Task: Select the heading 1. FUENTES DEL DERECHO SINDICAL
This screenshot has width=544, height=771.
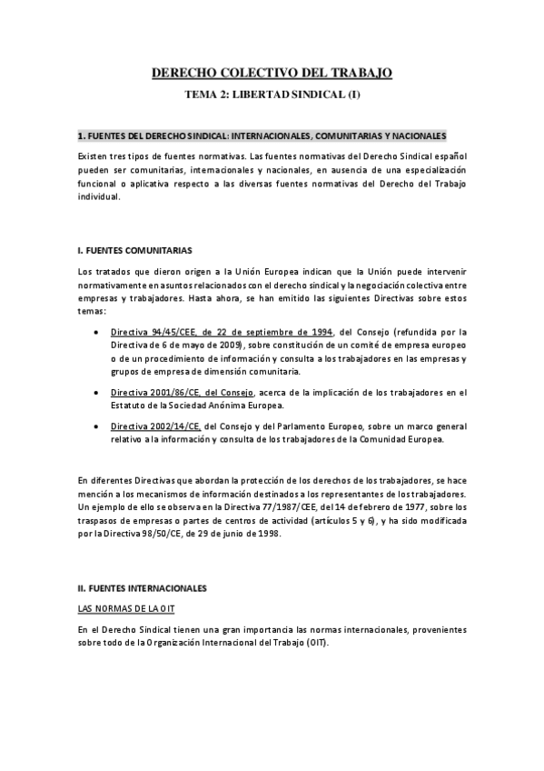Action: pos(262,135)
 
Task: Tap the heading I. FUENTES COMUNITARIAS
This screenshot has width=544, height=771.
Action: pos(134,250)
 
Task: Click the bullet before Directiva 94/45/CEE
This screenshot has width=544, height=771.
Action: pos(97,332)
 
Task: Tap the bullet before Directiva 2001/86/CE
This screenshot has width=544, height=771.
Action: pos(97,393)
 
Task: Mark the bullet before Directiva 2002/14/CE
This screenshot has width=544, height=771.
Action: pos(97,426)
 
